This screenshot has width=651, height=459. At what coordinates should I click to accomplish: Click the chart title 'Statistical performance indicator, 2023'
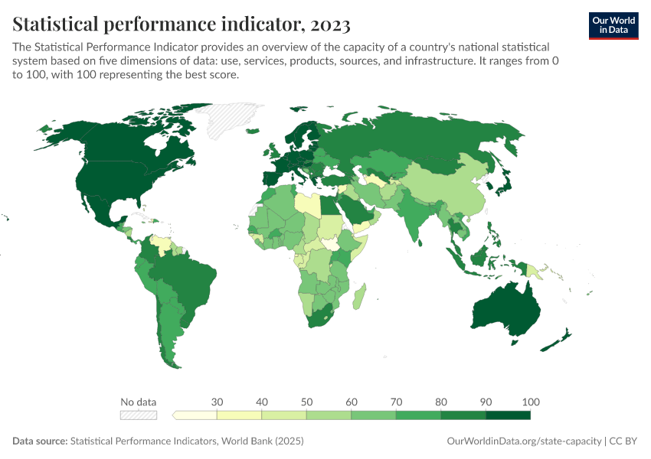coord(182,24)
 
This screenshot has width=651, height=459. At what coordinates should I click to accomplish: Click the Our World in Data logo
coord(613,24)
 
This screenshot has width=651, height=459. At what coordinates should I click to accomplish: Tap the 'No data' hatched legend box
coord(138,415)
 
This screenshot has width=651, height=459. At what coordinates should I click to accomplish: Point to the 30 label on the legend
coord(217,402)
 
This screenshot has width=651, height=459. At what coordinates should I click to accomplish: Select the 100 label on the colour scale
coord(530,402)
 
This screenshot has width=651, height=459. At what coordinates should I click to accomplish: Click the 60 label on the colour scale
coord(352,402)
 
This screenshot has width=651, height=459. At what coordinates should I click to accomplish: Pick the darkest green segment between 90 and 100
coord(508,415)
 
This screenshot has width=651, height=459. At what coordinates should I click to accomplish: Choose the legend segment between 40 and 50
coord(284,415)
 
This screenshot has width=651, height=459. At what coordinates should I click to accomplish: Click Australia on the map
coord(505,310)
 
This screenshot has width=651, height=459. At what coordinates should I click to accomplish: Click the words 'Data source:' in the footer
coord(40,441)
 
